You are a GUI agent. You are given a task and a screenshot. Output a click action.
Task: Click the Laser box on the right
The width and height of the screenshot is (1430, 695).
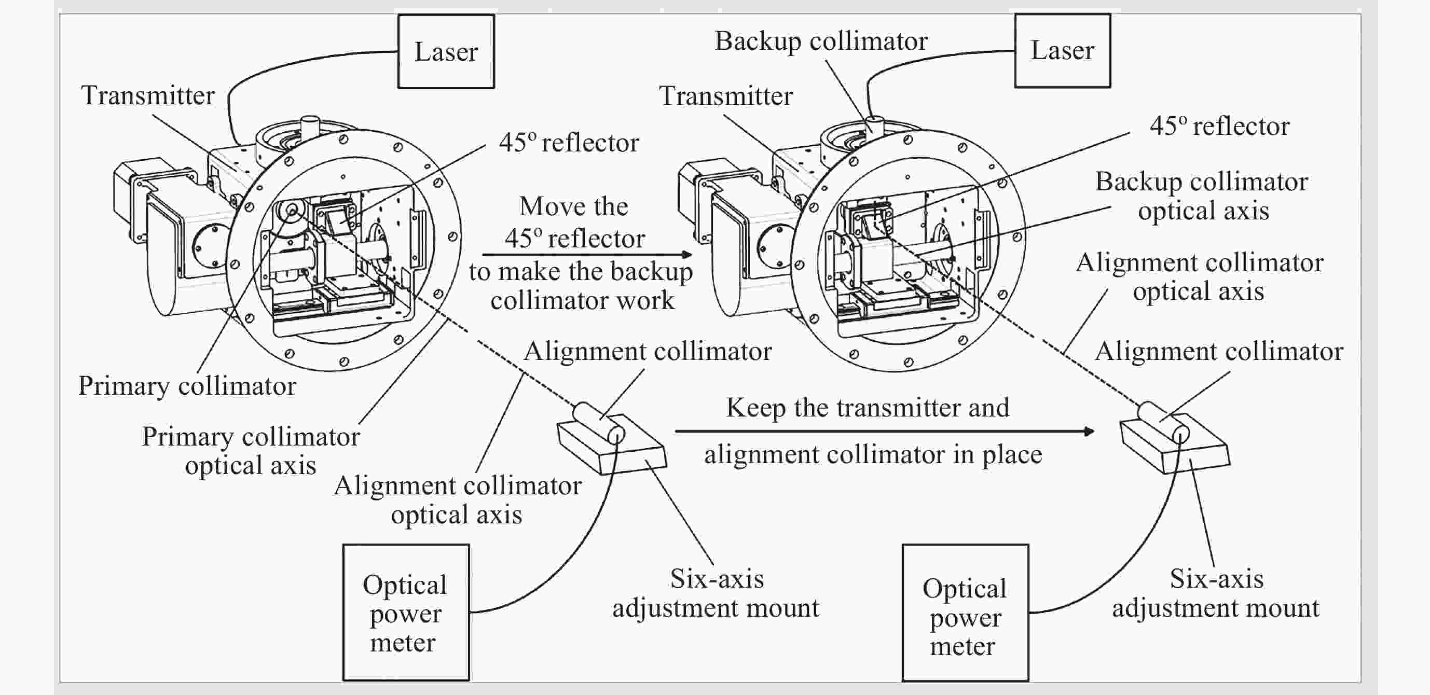coord(1062,50)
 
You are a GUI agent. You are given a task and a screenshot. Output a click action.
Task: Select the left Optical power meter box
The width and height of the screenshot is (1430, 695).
coord(405,613)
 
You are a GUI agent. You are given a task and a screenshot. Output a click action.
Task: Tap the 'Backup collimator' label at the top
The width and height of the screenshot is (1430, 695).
coord(820,41)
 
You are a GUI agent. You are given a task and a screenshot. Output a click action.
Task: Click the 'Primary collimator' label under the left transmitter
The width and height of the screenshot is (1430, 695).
coord(187,386)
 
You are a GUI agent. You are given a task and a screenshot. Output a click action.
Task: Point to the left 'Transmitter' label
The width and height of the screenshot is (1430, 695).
coord(148,95)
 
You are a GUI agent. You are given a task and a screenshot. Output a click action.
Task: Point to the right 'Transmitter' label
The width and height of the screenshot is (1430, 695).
coord(725,96)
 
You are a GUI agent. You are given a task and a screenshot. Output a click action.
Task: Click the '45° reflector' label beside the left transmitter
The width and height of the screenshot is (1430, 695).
coord(569,143)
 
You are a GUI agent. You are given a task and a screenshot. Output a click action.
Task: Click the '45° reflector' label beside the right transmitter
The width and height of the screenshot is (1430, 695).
coord(1219,126)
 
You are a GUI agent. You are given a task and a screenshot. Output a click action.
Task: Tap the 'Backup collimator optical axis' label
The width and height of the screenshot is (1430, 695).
coord(1202,196)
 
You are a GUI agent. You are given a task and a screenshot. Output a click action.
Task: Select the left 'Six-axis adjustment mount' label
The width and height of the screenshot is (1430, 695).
coord(716,593)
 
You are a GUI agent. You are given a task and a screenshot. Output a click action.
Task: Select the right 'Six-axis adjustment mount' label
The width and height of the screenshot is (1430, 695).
coord(1216,593)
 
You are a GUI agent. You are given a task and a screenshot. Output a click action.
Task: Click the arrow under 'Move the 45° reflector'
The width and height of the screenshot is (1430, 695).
coord(587,255)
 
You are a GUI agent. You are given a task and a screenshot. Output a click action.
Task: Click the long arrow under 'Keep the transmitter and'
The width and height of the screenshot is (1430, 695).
coord(884,432)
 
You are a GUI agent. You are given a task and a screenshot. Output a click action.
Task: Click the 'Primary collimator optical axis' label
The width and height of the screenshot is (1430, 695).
coord(251,450)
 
